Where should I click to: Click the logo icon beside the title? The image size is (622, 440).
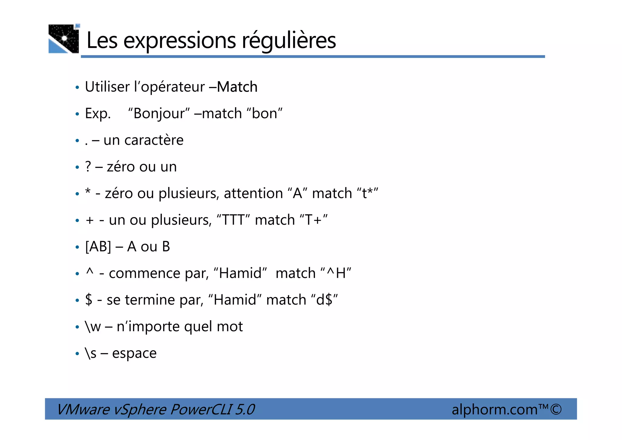click(x=64, y=39)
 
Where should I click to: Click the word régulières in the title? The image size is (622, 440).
click(x=289, y=40)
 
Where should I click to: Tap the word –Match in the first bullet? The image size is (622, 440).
click(x=233, y=87)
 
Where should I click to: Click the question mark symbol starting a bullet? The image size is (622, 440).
click(x=88, y=167)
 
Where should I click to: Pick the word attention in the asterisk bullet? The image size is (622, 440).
click(x=253, y=193)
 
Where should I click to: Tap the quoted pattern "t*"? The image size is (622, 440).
click(x=367, y=193)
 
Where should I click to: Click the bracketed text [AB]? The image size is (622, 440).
click(x=98, y=247)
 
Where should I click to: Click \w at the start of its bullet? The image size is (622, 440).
click(x=93, y=327)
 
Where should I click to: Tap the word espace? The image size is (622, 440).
click(x=134, y=353)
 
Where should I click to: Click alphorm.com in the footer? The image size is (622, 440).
click(x=494, y=409)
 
